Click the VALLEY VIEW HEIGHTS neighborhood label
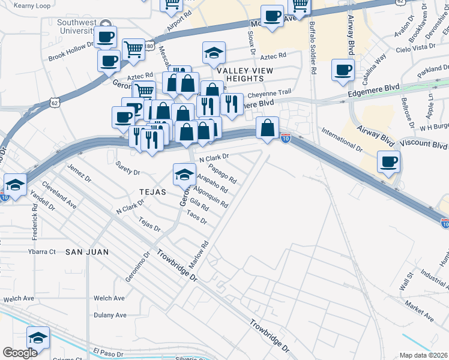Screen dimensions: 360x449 (245, 74)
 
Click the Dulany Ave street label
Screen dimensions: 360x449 (110, 315)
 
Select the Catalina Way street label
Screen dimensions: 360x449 (378, 67)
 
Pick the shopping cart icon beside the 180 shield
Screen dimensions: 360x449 (133, 49)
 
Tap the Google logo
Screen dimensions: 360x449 (20, 353)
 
